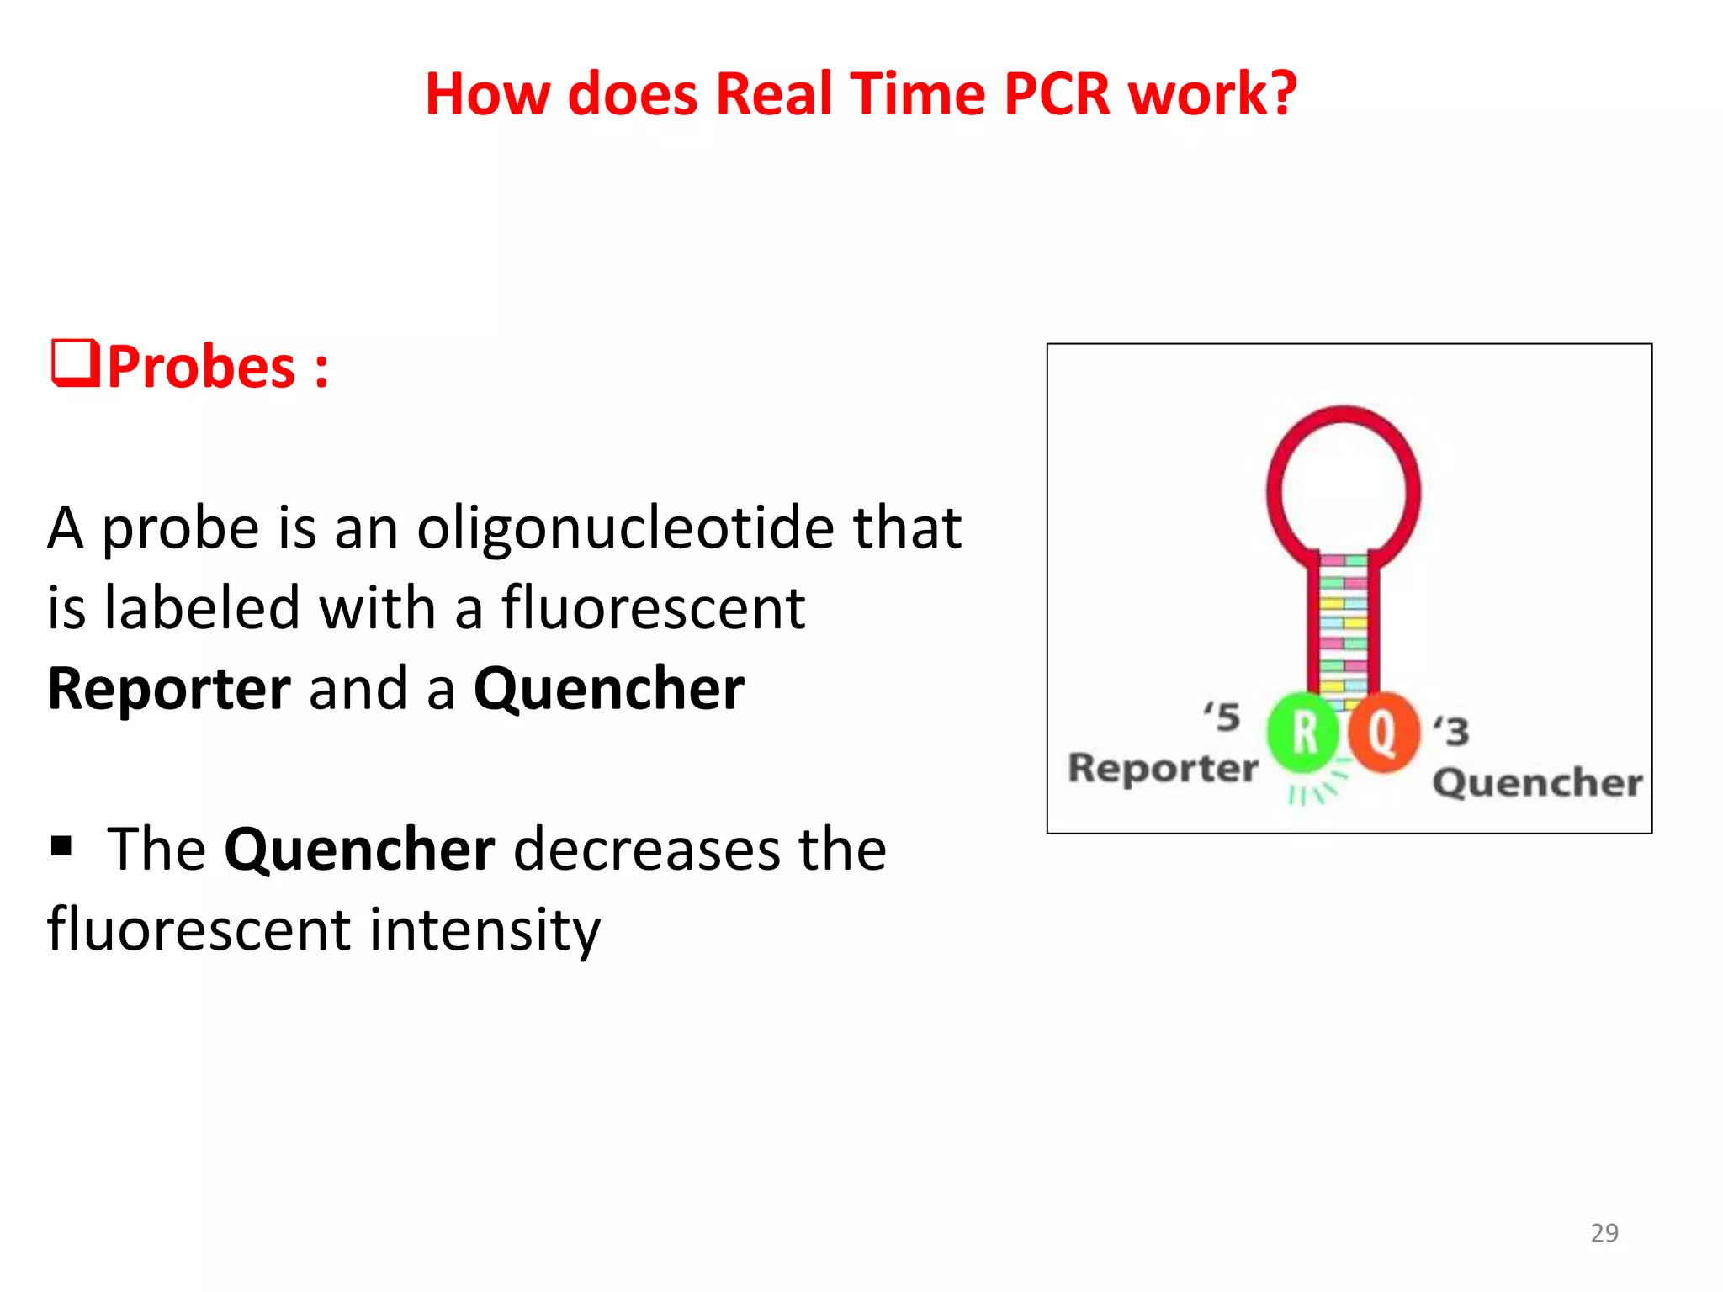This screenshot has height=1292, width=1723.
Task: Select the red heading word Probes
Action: (x=202, y=368)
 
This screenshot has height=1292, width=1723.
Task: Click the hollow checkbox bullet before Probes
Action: (x=76, y=363)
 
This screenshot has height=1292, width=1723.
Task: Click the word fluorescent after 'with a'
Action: (x=653, y=608)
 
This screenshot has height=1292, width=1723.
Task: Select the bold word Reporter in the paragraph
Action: (x=169, y=689)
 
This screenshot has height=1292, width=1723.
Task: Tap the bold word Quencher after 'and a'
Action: (x=609, y=689)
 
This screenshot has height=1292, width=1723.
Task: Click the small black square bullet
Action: (x=61, y=845)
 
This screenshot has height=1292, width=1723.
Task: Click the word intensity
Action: (x=485, y=930)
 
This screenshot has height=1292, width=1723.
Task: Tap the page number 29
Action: (x=1604, y=1232)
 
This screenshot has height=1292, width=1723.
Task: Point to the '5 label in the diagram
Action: (x=1222, y=717)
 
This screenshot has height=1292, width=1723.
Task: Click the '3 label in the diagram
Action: (x=1451, y=731)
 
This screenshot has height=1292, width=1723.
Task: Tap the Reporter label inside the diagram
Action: (x=1163, y=767)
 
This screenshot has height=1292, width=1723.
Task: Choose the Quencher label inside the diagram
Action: (x=1537, y=782)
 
